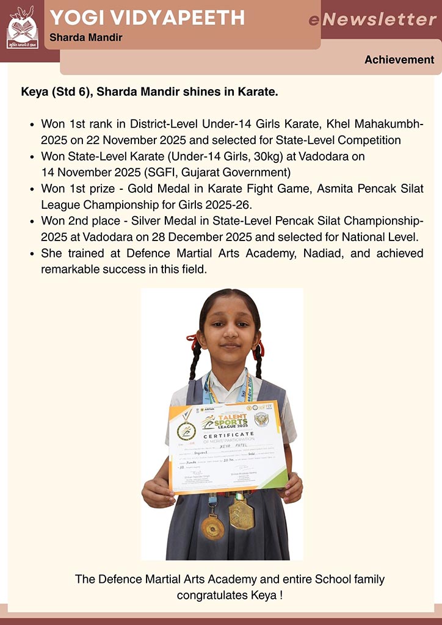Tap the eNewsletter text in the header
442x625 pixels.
[372, 20]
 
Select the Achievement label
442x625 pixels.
[399, 60]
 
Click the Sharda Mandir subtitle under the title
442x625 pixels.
[86, 38]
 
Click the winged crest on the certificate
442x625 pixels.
[261, 419]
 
